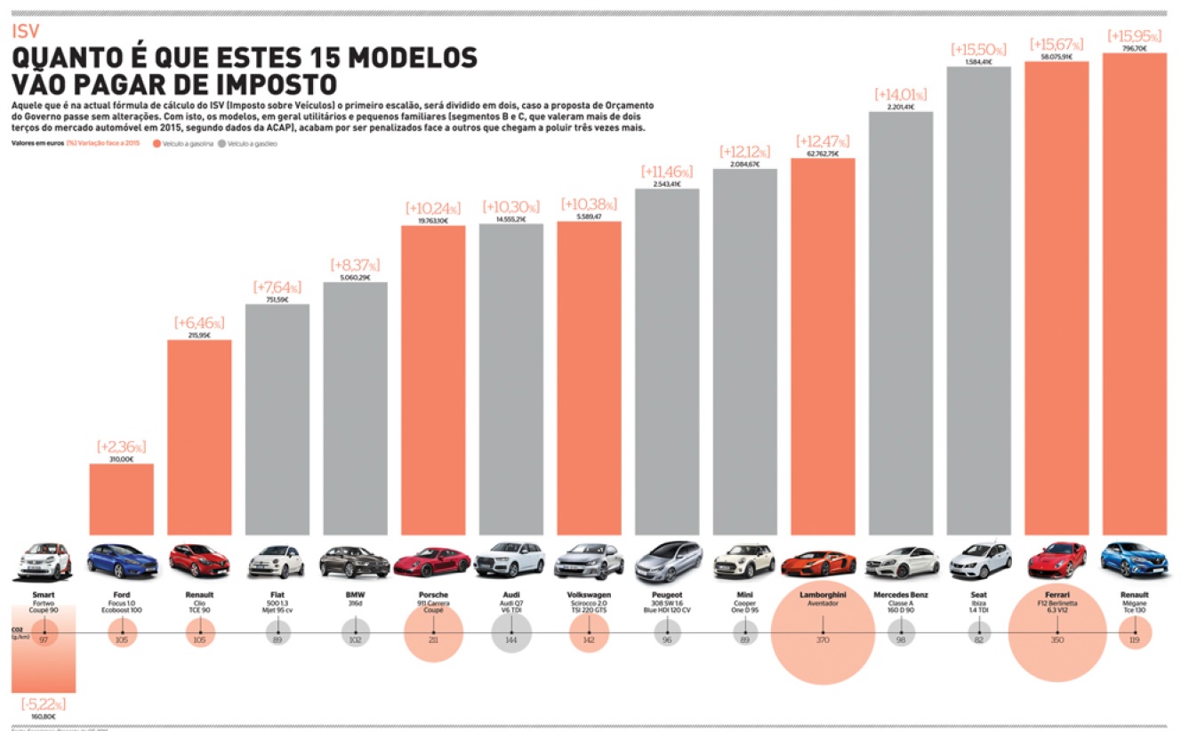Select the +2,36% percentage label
[121, 446]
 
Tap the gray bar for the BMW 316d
[355, 409]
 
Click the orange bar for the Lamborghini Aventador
[823, 347]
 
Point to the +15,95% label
[1134, 36]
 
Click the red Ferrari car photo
[1056, 560]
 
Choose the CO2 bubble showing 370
[823, 639]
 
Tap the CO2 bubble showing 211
[433, 639]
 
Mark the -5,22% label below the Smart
[44, 704]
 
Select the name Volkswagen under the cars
[589, 595]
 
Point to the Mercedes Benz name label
[900, 595]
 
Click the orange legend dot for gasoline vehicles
[157, 143]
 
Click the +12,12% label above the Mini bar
[745, 152]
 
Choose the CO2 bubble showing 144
[511, 639]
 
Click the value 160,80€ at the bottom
[44, 717]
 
